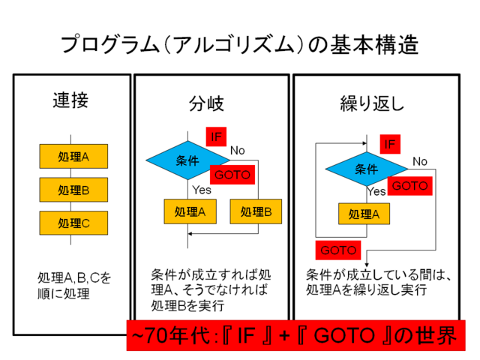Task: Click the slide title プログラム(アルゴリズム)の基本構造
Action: click(239, 45)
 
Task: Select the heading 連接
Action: click(70, 100)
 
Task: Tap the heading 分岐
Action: click(206, 103)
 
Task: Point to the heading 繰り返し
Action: click(372, 103)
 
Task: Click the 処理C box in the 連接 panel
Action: click(73, 223)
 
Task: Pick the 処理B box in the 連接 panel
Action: click(73, 190)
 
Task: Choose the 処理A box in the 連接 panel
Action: click(73, 157)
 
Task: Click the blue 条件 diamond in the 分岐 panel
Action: click(188, 160)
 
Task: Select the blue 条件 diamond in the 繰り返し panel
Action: click(367, 169)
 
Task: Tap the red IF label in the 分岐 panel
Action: click(216, 136)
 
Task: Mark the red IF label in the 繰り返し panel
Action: click(390, 144)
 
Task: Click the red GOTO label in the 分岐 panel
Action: click(232, 175)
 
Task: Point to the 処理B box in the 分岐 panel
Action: click(256, 211)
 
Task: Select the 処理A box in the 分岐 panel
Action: click(190, 211)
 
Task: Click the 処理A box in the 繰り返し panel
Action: click(364, 214)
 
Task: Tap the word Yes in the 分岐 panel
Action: click(202, 190)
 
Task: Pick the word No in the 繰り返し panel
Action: click(420, 161)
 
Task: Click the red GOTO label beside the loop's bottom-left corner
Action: click(338, 250)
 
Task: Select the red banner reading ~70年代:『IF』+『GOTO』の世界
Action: click(295, 335)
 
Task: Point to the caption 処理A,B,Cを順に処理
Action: click(73, 286)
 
